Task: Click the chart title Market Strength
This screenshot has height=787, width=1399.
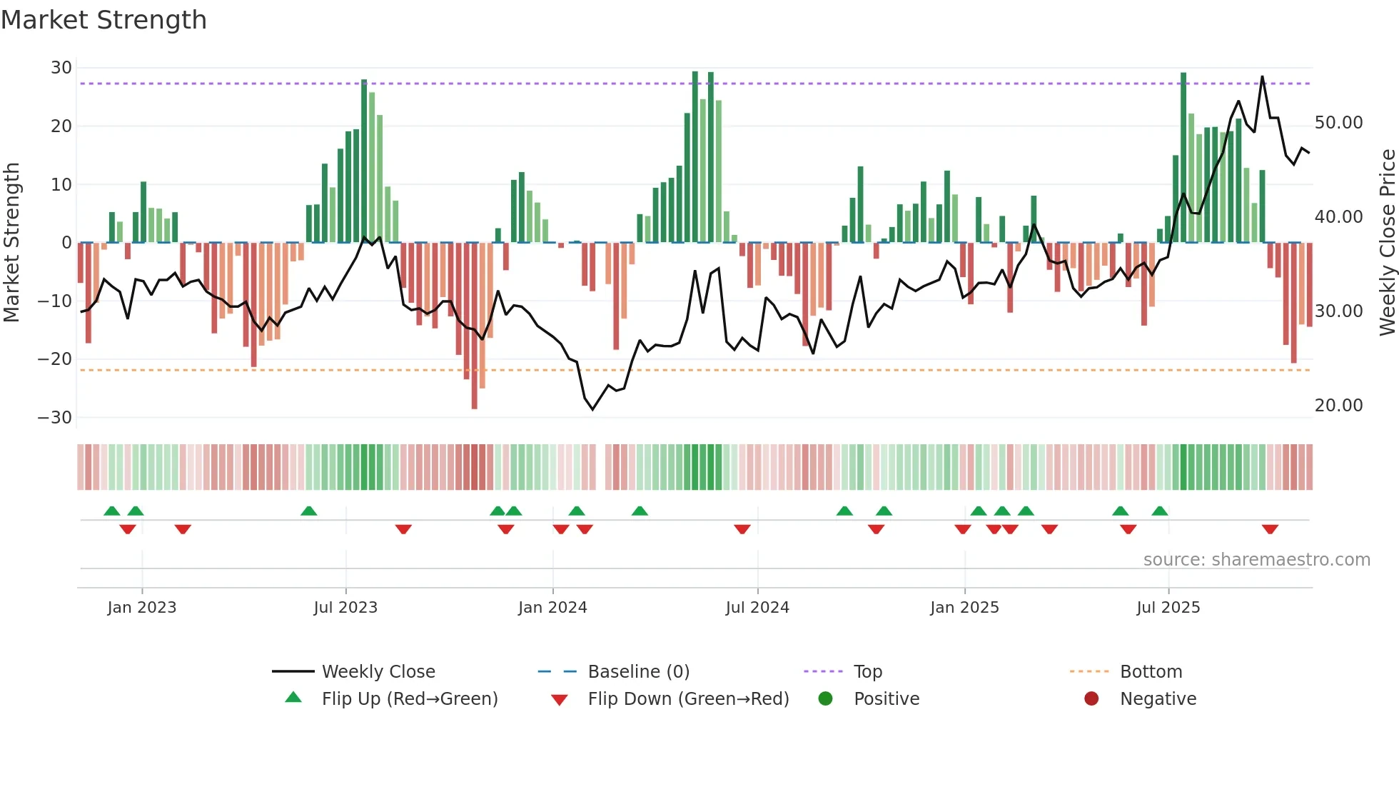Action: pos(103,20)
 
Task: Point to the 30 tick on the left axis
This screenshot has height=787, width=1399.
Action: pos(61,68)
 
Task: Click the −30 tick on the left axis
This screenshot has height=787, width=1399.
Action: pos(56,418)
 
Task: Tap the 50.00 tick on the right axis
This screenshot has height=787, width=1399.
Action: pos(1338,123)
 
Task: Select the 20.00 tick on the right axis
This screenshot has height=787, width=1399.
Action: pos(1338,406)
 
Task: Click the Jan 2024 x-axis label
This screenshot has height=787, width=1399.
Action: pos(552,608)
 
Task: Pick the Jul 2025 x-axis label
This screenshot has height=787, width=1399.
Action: pos(1168,608)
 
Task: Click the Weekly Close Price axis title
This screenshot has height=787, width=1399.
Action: pos(1387,243)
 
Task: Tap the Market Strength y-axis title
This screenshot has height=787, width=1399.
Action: pos(11,243)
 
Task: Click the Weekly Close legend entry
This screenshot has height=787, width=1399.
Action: pos(378,672)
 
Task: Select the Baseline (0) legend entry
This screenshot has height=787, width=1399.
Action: pos(638,672)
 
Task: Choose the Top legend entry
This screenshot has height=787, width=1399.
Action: pos(867,672)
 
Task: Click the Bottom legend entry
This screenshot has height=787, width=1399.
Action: pos(1151,672)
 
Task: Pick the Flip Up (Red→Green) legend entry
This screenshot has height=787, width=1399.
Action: pos(409,699)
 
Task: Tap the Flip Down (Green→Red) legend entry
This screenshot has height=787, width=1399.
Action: pos(688,699)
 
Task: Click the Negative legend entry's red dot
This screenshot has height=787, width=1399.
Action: pos(1091,699)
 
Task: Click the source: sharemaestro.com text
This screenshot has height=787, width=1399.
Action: pos(1256,560)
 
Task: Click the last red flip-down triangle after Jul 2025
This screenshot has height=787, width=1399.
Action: pos(1270,529)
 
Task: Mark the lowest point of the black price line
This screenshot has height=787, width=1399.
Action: pos(592,409)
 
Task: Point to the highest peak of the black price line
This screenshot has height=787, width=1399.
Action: pos(1262,76)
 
